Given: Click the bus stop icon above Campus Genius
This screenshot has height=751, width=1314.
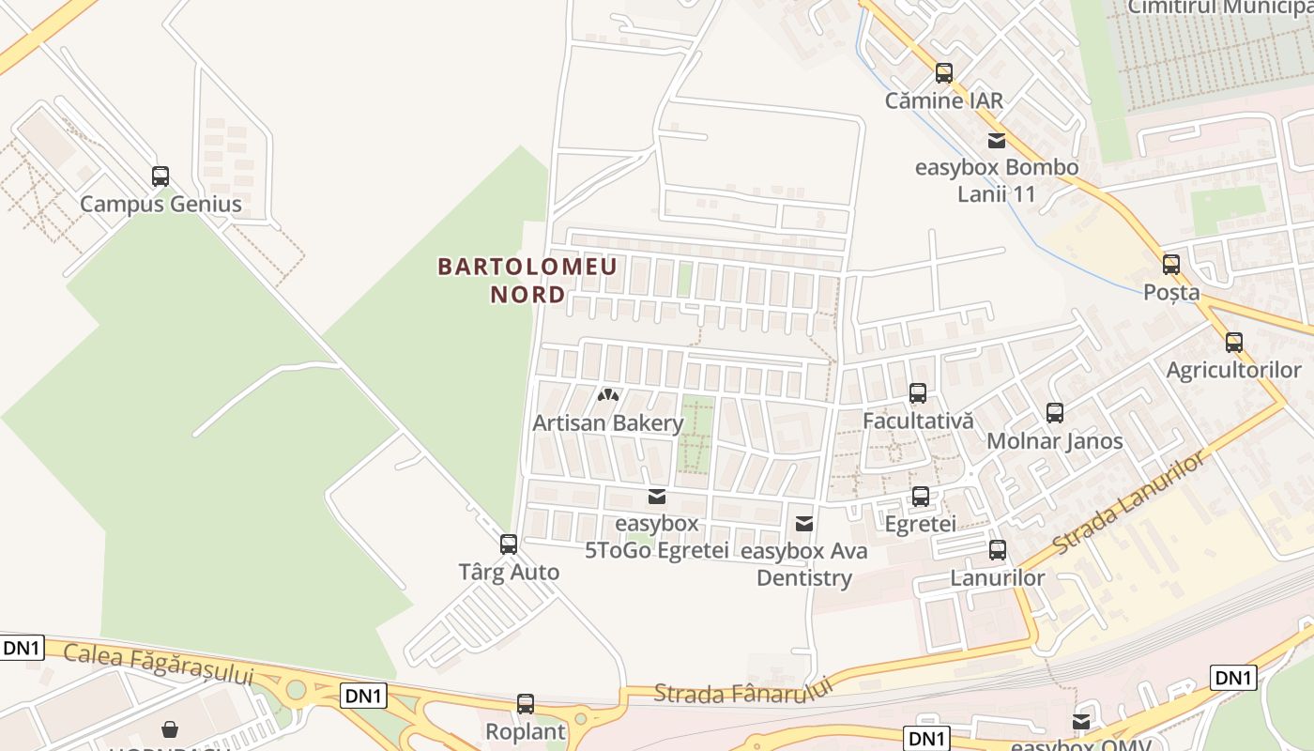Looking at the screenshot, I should pyautogui.click(x=160, y=176).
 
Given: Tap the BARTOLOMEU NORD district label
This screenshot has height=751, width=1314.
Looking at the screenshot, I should pyautogui.click(x=527, y=280).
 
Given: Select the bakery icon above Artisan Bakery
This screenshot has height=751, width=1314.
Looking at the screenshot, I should pyautogui.click(x=608, y=395).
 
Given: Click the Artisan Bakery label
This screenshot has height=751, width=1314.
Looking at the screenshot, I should pyautogui.click(x=608, y=423).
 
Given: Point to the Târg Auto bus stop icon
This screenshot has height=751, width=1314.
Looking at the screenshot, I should pyautogui.click(x=509, y=544).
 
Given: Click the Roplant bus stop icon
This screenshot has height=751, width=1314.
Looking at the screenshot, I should pyautogui.click(x=526, y=704).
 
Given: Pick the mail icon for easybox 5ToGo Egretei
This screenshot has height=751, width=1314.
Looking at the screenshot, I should pyautogui.click(x=657, y=497).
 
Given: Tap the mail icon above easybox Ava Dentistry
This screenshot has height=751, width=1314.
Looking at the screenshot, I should pyautogui.click(x=804, y=524).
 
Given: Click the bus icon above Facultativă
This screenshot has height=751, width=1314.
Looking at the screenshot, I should pyautogui.click(x=918, y=393).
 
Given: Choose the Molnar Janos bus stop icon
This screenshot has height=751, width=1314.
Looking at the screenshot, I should pyautogui.click(x=1055, y=413).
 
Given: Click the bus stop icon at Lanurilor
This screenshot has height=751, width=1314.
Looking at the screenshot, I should pyautogui.click(x=998, y=550).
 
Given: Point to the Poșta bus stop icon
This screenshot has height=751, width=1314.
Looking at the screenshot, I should pyautogui.click(x=1171, y=265).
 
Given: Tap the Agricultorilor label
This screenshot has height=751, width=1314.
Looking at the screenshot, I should pyautogui.click(x=1233, y=371).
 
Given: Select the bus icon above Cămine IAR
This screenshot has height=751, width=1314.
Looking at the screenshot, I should pyautogui.click(x=944, y=73).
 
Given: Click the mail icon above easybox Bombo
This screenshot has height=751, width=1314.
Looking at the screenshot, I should pyautogui.click(x=997, y=141).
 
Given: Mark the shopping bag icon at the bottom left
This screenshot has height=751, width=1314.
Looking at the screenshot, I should pyautogui.click(x=170, y=729).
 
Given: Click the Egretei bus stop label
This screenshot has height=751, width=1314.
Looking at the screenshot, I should pyautogui.click(x=920, y=524).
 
